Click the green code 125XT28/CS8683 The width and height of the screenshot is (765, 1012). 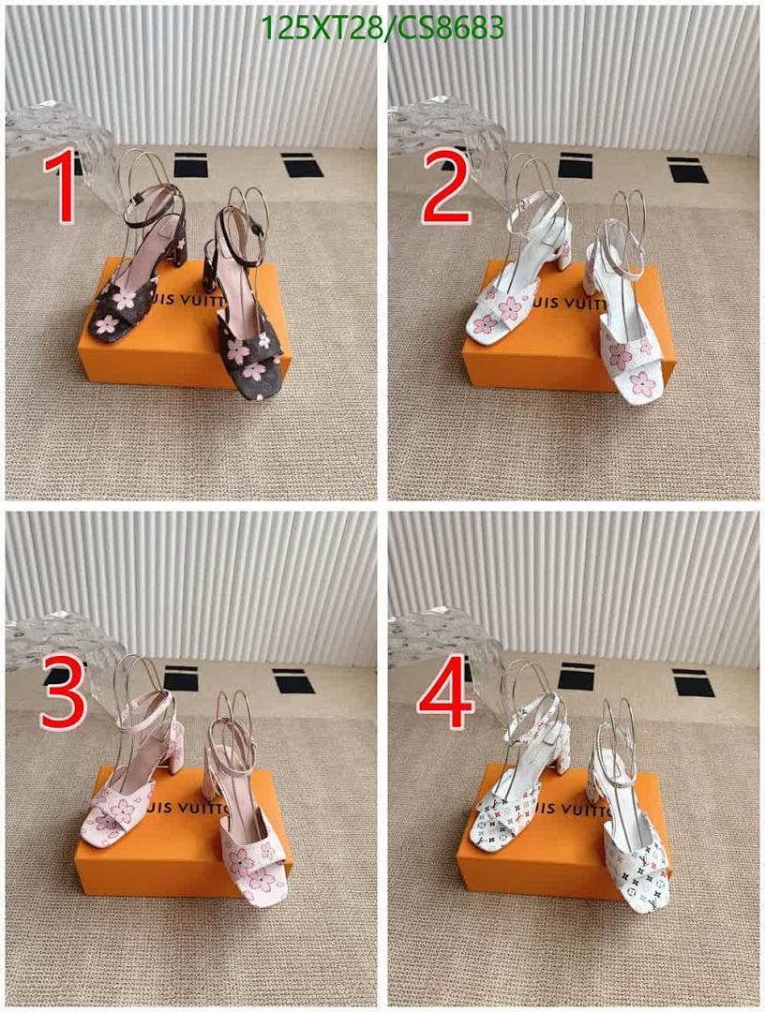[x=383, y=27]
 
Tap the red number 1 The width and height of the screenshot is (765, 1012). [x=64, y=190]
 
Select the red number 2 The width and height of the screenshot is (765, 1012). [x=446, y=190]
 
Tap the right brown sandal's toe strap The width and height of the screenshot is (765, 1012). [x=247, y=351]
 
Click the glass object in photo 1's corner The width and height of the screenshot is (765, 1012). [x=56, y=131]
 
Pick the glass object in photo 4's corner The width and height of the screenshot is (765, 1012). [x=441, y=637]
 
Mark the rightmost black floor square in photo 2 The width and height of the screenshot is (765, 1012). [x=688, y=170]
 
